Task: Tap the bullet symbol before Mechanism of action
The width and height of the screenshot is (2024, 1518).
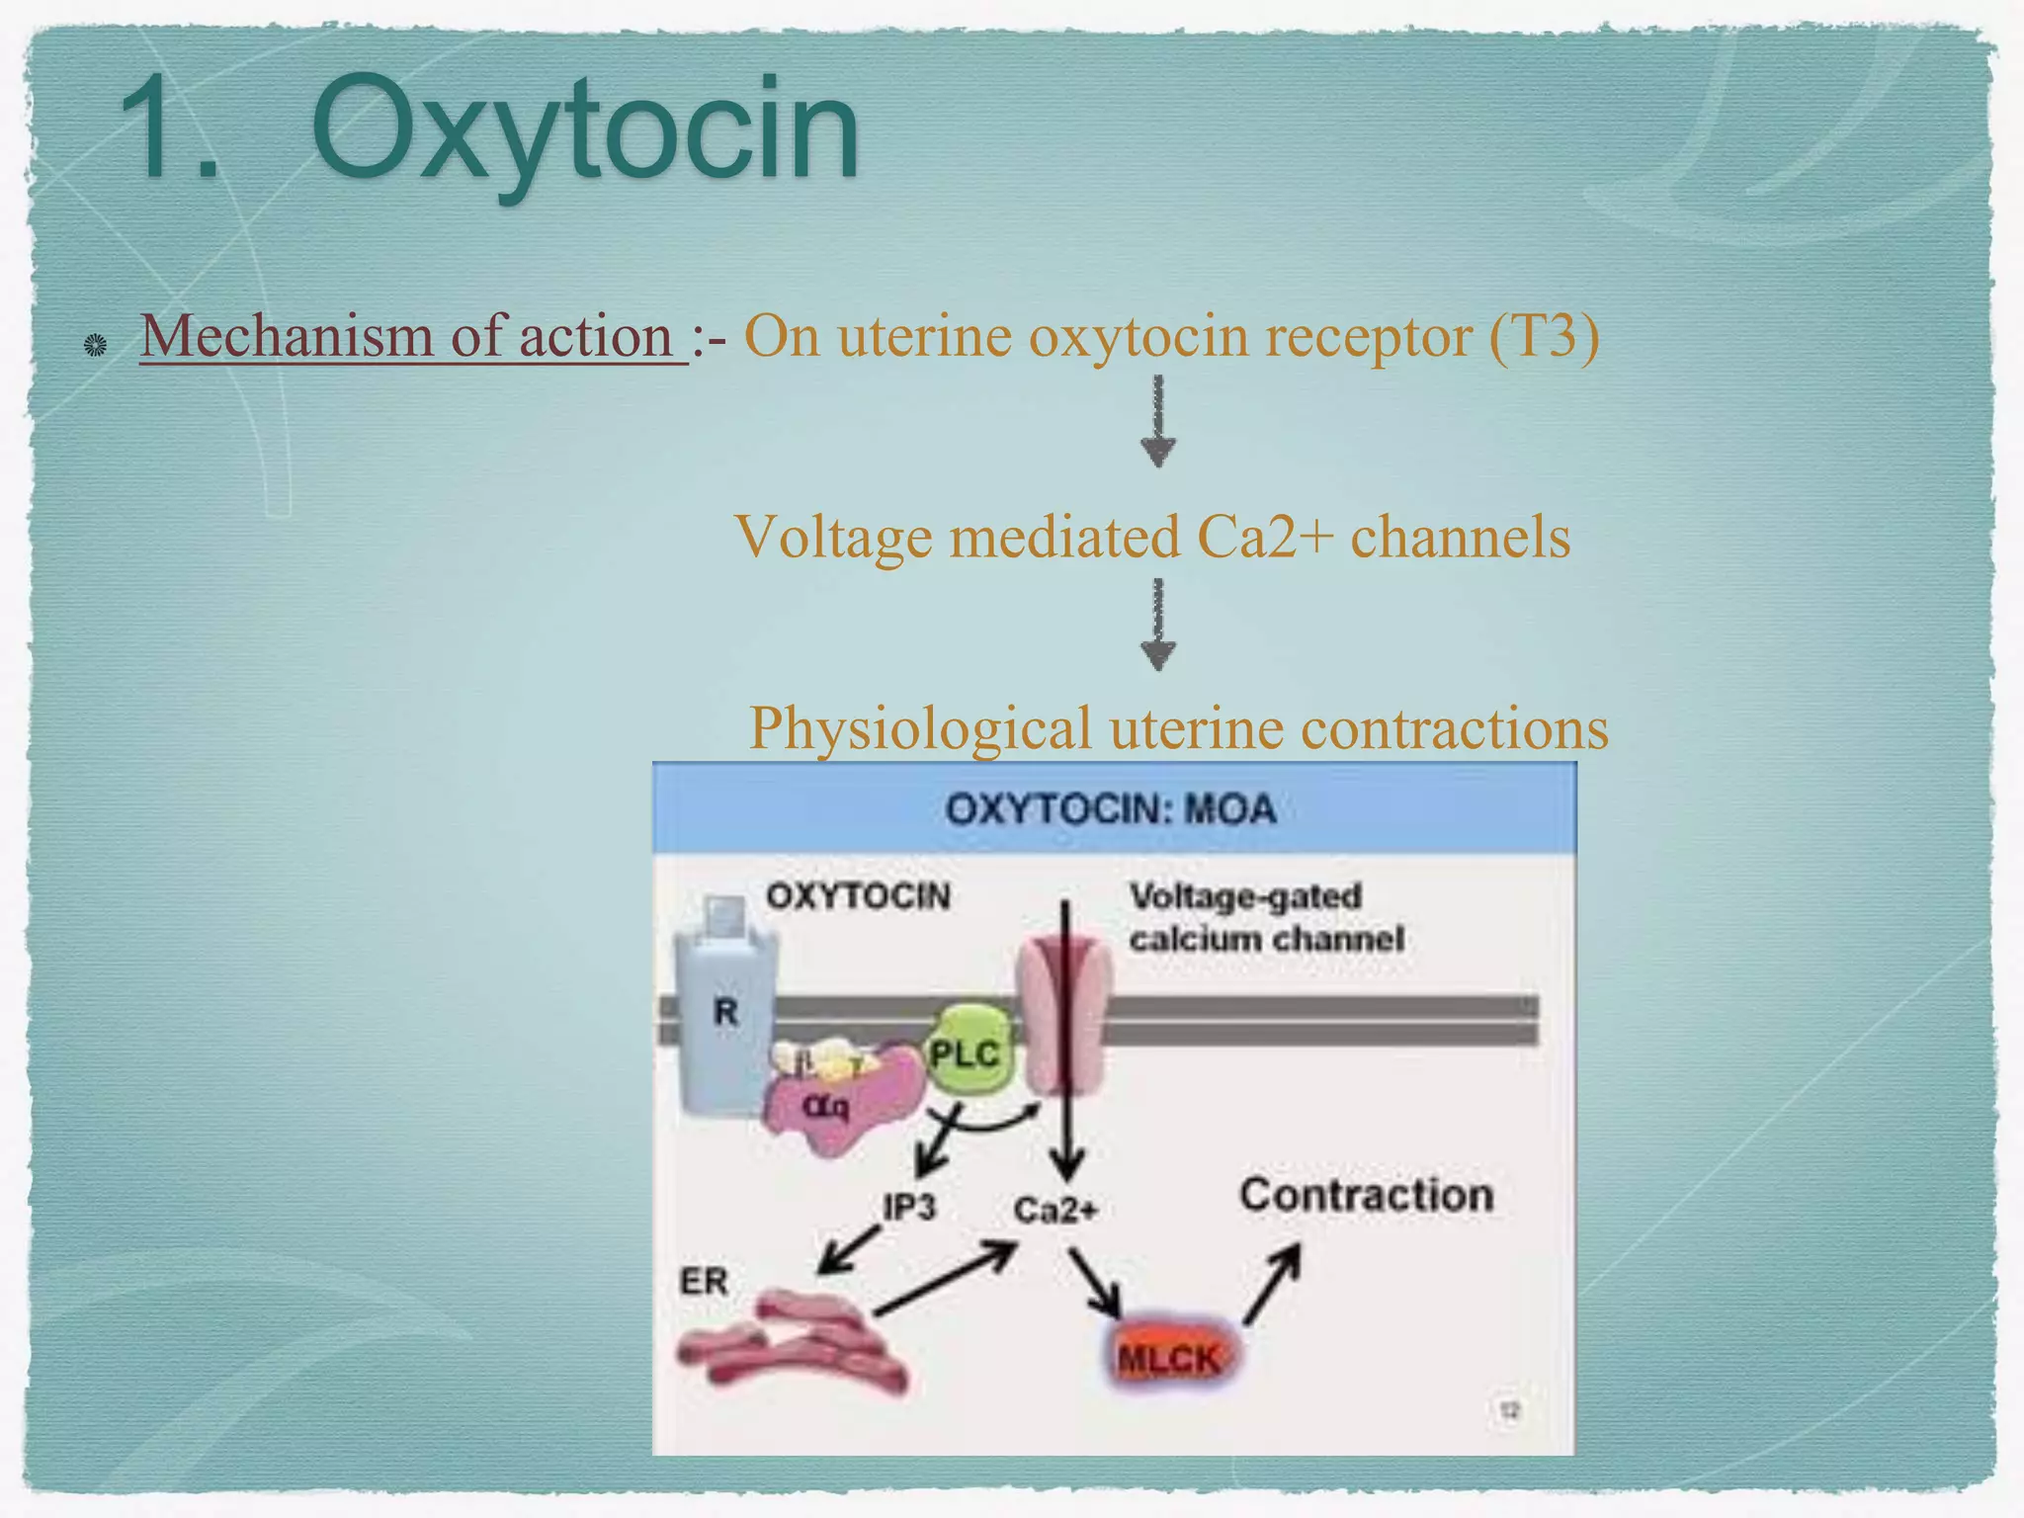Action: [95, 345]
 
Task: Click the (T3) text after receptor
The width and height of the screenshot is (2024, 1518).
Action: [1544, 336]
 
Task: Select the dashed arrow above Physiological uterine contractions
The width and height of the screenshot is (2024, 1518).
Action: [1158, 626]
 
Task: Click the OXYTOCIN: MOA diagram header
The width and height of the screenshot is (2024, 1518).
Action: [1111, 809]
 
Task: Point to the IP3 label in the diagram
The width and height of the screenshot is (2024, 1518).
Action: [908, 1207]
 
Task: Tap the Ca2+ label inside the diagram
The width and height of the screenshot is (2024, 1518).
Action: [1054, 1209]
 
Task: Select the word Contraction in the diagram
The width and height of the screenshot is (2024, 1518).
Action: [1367, 1195]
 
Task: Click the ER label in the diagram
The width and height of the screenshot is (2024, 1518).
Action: [704, 1281]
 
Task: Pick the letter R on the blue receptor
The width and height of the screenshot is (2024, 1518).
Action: [725, 1011]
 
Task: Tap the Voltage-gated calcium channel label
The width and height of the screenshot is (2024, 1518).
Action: [1266, 917]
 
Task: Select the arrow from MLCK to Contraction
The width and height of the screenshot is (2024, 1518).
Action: [1273, 1283]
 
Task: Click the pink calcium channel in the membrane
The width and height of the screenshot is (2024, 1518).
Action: [1065, 1018]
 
